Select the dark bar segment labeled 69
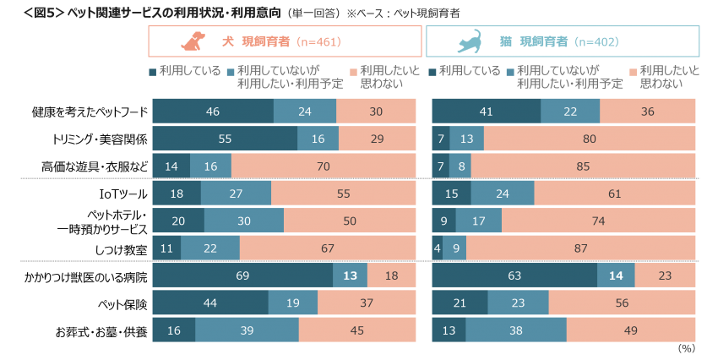point(242,275)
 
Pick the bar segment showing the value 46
point(213,111)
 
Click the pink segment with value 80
point(590,139)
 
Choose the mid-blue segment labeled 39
point(247,330)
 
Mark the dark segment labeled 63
point(514,275)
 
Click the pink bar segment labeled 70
point(324,166)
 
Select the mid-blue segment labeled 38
point(515,330)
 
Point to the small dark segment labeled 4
point(437,248)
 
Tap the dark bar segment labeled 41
point(486,111)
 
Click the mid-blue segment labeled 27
point(236,194)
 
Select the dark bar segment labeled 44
point(210,303)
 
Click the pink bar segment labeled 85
point(584,166)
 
